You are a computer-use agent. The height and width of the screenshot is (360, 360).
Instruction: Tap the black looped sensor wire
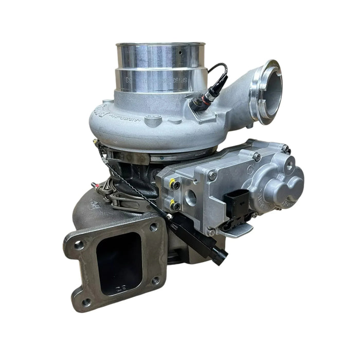click(220, 72)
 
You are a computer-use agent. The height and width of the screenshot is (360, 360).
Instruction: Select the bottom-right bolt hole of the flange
click(156, 281)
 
